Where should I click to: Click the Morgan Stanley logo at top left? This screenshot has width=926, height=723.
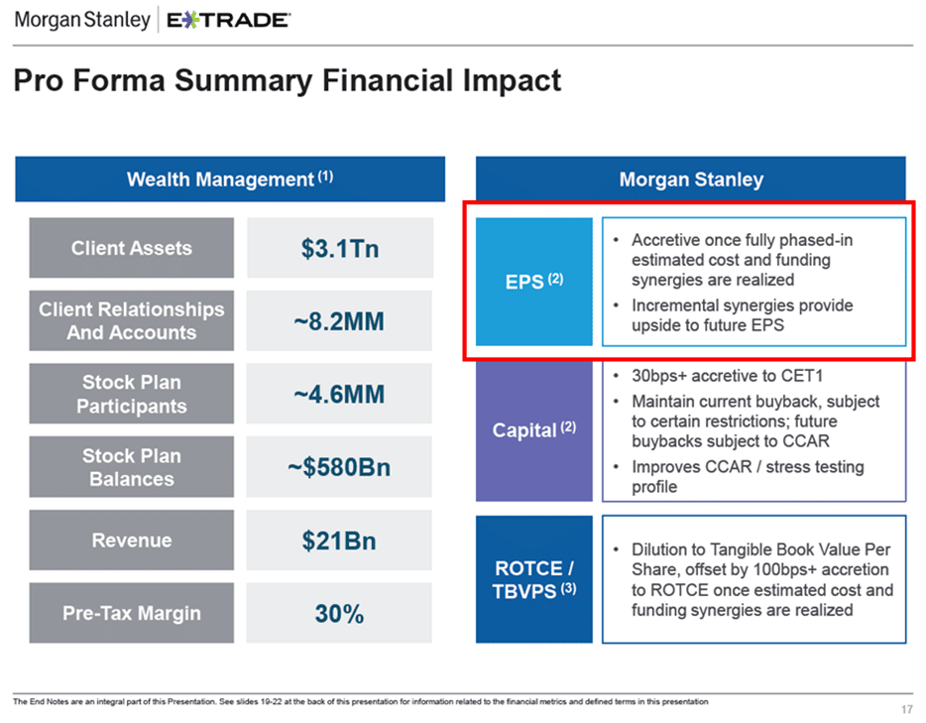[x=82, y=19]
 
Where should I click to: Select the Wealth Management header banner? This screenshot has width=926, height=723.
[x=229, y=180]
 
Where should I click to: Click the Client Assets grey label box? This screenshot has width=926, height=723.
[x=131, y=248]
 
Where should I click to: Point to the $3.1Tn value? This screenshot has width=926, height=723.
[x=339, y=248]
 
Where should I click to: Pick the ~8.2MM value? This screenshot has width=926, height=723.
[x=339, y=321]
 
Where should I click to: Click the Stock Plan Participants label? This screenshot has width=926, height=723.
[x=131, y=394]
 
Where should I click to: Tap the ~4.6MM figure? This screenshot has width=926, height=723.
[x=339, y=395]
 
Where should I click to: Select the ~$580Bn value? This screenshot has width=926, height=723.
[x=339, y=467]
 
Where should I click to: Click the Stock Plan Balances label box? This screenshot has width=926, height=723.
[x=131, y=467]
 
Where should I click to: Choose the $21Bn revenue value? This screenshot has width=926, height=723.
[x=339, y=541]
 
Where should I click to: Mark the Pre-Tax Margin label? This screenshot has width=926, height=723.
[x=131, y=613]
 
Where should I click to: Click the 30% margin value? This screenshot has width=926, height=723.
[x=339, y=614]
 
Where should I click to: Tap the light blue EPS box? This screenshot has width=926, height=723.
[x=533, y=282]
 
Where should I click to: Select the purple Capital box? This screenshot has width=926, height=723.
[x=533, y=430]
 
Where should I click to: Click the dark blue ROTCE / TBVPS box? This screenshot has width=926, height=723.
[x=533, y=579]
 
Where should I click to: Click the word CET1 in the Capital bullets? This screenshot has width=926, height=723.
[x=802, y=376]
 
